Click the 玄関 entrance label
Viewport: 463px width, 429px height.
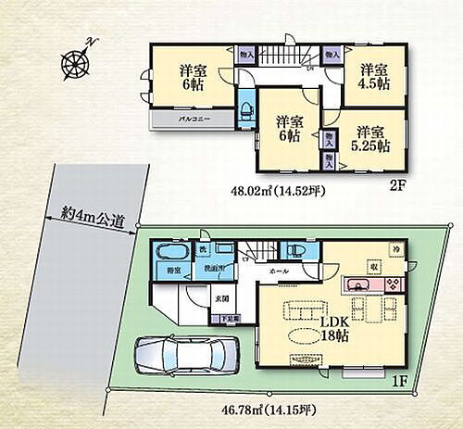(223, 298)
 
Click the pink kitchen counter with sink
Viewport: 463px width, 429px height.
(370, 283)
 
